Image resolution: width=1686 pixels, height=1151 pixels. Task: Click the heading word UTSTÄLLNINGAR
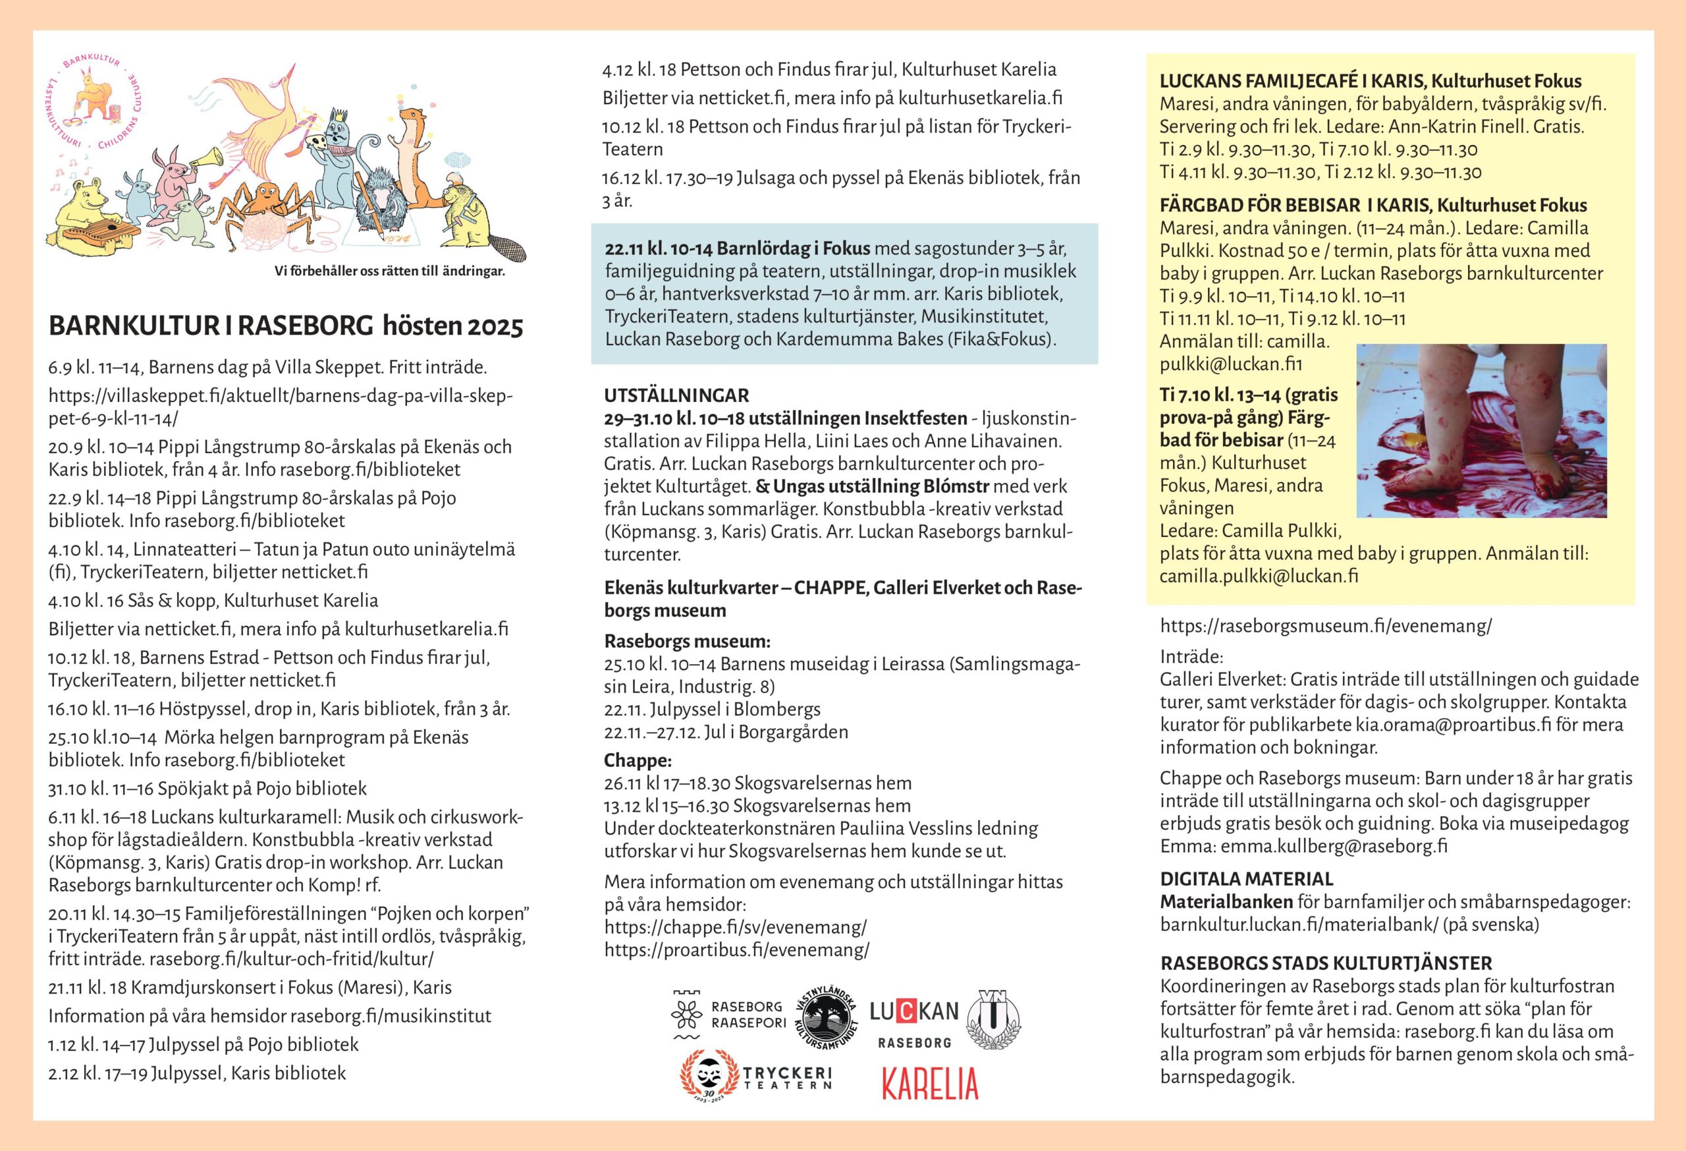(676, 395)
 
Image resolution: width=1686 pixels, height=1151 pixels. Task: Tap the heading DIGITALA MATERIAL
(1246, 879)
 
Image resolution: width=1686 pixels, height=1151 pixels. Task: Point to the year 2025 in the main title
(495, 327)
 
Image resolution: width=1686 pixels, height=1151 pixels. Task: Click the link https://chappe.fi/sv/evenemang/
(735, 928)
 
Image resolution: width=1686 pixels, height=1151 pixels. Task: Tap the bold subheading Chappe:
(638, 760)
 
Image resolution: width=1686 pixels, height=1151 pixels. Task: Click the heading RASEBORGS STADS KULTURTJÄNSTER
(1326, 963)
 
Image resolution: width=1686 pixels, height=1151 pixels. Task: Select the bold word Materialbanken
(1226, 902)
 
